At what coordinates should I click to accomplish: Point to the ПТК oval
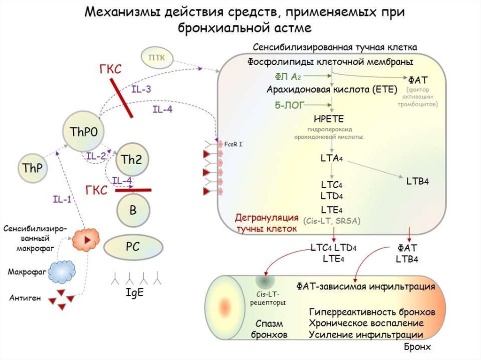[156, 58]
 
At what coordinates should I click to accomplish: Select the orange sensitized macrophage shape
[86, 239]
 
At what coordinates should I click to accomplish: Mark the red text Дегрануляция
[267, 218]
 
